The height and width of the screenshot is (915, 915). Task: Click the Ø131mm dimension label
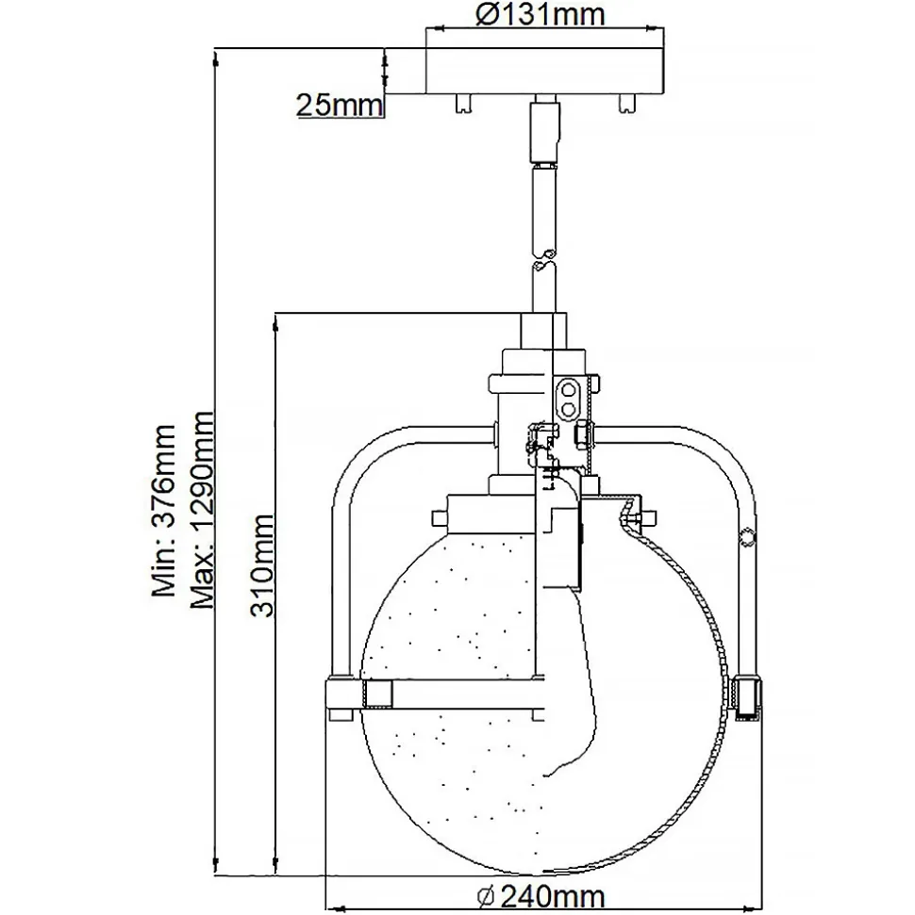click(540, 15)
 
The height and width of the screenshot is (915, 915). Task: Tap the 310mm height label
click(261, 565)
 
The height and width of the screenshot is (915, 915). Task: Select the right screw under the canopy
click(624, 102)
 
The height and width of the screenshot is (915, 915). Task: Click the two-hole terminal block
click(569, 397)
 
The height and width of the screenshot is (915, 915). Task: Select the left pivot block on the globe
click(376, 694)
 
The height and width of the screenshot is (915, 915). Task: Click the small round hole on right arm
click(748, 537)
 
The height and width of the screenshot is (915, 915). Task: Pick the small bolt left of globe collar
click(439, 517)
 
